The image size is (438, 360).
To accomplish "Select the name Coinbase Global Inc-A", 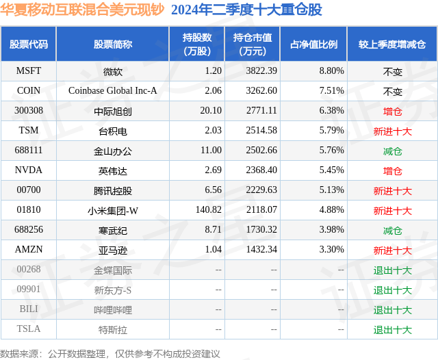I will tap(113, 91).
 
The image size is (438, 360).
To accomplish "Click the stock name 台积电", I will tap(113, 131).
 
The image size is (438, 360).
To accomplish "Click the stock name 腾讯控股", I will tap(113, 190).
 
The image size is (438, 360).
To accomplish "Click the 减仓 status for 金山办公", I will tap(392, 151).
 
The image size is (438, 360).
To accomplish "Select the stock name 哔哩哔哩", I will tap(113, 309).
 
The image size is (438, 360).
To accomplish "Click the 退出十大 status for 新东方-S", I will tap(392, 290).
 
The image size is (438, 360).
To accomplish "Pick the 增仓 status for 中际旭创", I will tap(392, 111).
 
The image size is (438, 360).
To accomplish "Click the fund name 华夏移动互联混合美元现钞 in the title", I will tap(82, 10).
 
